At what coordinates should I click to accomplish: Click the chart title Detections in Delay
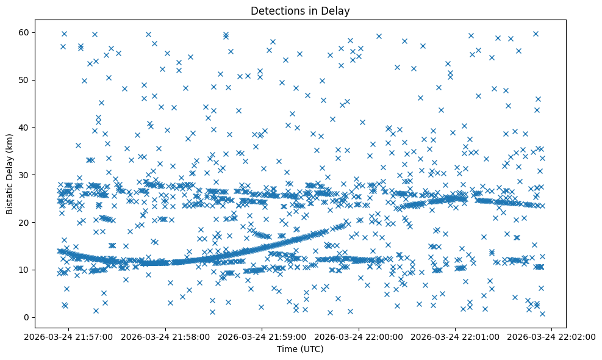(x=300, y=10)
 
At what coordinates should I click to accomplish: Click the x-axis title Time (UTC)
(x=300, y=349)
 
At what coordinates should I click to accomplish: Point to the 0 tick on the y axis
(x=27, y=317)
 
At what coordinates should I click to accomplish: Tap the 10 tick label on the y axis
(x=24, y=270)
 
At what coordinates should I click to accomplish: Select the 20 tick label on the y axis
(x=24, y=222)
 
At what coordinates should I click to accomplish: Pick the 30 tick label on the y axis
(x=24, y=175)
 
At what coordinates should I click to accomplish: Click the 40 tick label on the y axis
(x=24, y=127)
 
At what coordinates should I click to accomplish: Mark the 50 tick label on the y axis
(x=24, y=80)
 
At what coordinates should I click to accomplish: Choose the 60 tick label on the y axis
(x=24, y=32)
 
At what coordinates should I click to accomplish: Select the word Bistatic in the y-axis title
(x=10, y=197)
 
